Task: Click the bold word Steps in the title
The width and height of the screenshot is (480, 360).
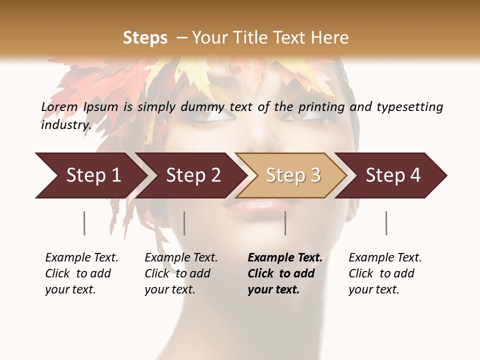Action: (x=145, y=38)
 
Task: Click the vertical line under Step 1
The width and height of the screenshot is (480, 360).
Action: (x=84, y=223)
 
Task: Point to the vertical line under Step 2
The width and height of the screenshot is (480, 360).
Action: (x=184, y=223)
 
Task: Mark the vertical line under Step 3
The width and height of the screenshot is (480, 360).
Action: (x=285, y=223)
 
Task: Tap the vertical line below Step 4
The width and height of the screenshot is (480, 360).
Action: (x=386, y=223)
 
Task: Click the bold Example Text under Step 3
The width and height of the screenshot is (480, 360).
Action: (x=284, y=273)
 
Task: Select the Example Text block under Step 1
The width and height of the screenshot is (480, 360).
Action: (x=81, y=273)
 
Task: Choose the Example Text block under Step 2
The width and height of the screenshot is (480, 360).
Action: (x=180, y=273)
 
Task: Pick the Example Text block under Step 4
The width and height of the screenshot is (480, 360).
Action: (x=384, y=273)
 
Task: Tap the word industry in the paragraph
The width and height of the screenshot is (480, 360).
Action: (x=65, y=125)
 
